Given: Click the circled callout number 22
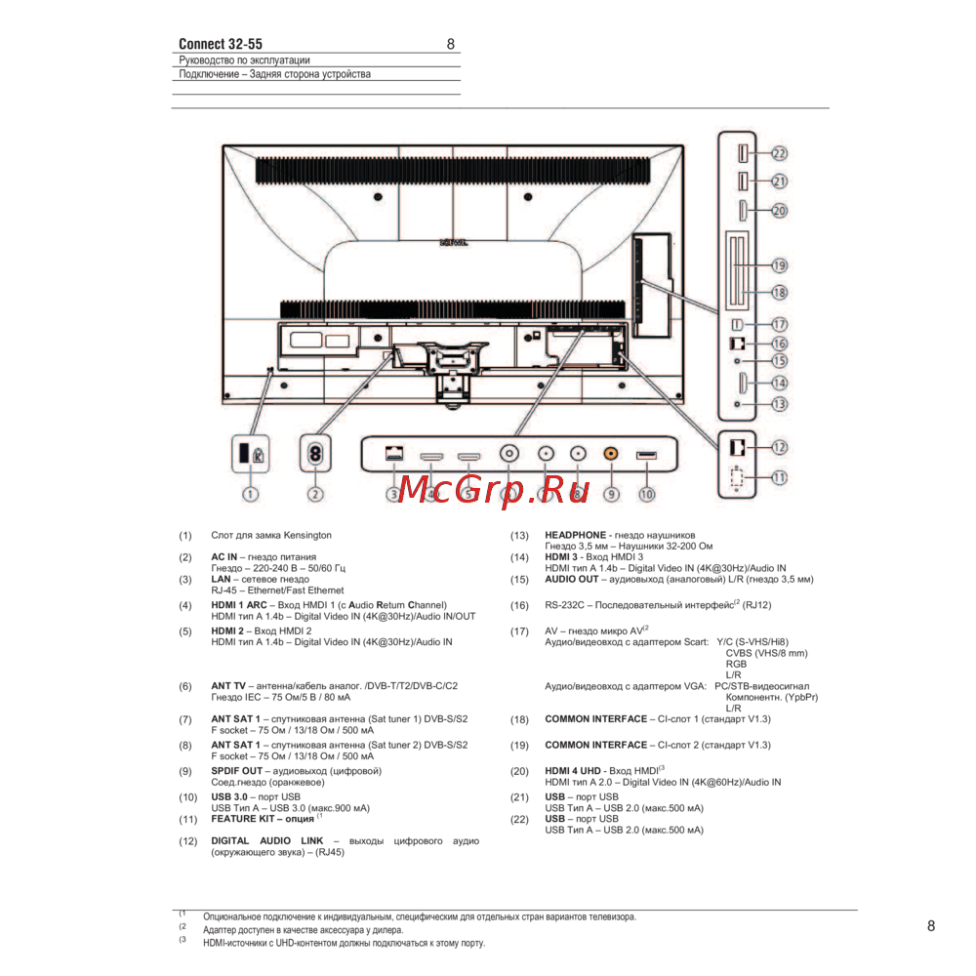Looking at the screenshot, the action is click(779, 153).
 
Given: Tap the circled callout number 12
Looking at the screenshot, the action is click(779, 447).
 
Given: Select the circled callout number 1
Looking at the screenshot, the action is click(250, 494).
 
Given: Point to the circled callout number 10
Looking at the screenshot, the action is click(647, 494).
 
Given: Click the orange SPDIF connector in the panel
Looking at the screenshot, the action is click(611, 453).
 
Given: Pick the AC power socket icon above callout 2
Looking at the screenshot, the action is click(315, 453).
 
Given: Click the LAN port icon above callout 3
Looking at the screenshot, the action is click(394, 453).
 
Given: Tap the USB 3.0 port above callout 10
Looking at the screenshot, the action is click(646, 455).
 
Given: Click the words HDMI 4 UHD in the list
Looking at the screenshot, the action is click(573, 771).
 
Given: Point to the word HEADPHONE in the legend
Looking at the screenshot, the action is click(575, 535).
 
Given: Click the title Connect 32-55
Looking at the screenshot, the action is click(221, 44).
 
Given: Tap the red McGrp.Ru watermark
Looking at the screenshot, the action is click(494, 489).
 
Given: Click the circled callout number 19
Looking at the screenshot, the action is click(779, 265).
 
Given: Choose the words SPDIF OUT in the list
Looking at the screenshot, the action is click(236, 771).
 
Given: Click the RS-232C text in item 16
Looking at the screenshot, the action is click(564, 605).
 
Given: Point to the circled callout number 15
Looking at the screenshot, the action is click(779, 360).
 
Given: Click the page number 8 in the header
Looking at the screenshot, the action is click(451, 44).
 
